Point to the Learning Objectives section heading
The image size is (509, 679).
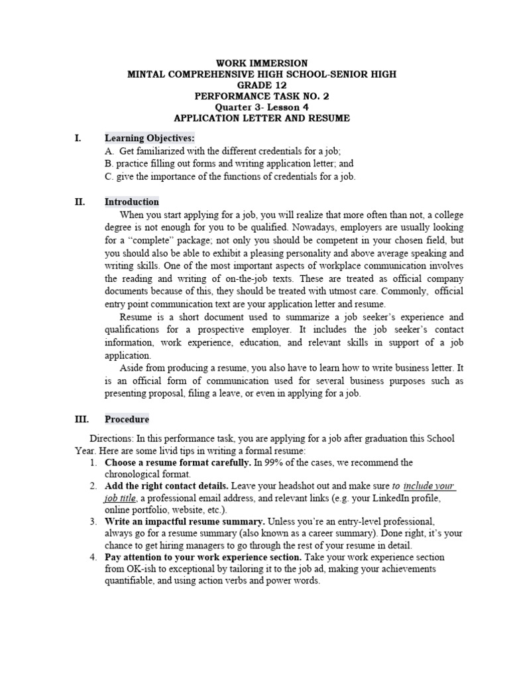point(150,138)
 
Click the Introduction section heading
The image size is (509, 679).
point(131,202)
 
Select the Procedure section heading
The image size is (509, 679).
point(127,419)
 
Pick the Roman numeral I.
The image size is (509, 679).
point(78,138)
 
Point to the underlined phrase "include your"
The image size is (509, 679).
point(429,486)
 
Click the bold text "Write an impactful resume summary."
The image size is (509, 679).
point(185,521)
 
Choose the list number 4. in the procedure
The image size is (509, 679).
point(93,557)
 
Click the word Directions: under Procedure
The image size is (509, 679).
point(112,438)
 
